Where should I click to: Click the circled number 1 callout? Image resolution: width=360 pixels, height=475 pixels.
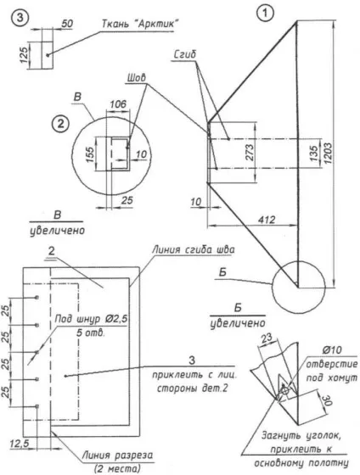point(265,14)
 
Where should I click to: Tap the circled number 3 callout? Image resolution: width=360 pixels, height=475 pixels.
point(20,18)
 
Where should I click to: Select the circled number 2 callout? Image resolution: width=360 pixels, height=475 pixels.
point(60,124)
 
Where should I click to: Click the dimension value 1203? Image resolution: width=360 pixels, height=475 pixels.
point(328,153)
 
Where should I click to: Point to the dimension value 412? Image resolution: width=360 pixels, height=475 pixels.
point(267,220)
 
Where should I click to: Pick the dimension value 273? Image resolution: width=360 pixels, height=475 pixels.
point(250,153)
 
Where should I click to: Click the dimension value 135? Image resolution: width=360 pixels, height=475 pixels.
point(314,153)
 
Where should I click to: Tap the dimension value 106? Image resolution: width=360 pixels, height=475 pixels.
point(118,103)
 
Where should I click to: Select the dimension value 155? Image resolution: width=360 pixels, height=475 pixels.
point(90,154)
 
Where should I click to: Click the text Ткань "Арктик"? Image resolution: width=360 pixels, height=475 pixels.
point(139,24)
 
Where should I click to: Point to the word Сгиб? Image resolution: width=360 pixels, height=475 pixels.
point(185,54)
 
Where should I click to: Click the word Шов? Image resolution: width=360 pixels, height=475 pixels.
point(136,78)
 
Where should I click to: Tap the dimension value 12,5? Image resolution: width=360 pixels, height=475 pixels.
point(20,444)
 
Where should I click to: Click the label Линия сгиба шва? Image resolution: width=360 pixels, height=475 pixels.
point(193,249)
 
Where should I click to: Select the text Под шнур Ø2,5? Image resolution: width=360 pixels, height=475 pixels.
point(92,319)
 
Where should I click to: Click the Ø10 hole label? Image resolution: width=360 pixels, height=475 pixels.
point(331,350)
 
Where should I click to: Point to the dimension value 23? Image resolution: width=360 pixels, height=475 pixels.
point(267,338)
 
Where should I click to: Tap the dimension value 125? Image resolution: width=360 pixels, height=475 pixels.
point(25,54)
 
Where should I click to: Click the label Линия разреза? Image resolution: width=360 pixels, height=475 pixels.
point(118,455)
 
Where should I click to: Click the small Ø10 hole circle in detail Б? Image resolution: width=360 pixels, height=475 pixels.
point(284,390)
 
